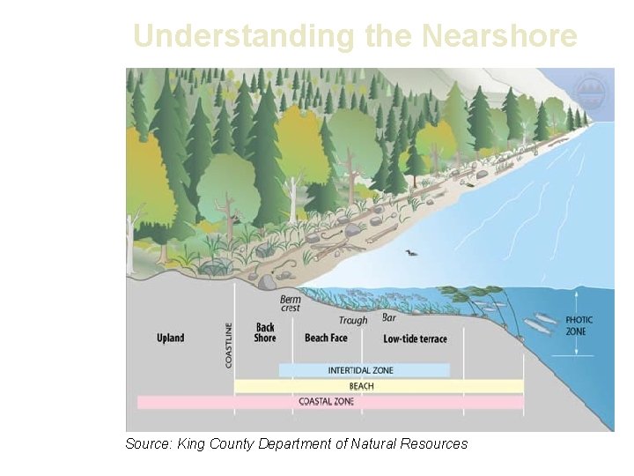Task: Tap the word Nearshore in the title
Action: tap(499, 36)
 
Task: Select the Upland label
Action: tap(171, 338)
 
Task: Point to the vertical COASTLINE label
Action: tap(229, 345)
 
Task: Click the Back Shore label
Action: tap(265, 332)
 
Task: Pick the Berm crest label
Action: tap(291, 303)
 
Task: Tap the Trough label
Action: tap(353, 321)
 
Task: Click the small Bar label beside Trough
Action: tap(389, 316)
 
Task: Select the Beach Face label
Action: tap(326, 338)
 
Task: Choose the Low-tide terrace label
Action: tap(416, 338)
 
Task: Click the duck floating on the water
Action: tap(410, 254)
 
